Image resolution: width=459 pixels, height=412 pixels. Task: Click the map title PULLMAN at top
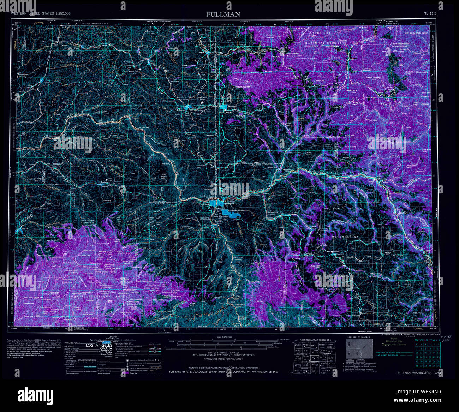(223, 14)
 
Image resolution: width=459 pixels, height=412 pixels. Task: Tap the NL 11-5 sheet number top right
(430, 13)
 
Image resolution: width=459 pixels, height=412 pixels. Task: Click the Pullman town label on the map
(180, 111)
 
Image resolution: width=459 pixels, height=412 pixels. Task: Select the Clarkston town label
(204, 204)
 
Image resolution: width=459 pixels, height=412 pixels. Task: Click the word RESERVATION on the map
(345, 237)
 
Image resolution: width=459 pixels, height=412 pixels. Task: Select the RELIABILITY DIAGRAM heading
(359, 337)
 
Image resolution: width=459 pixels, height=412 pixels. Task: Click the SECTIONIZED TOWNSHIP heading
(427, 340)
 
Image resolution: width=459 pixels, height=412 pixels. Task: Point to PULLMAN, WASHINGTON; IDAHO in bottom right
(419, 373)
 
